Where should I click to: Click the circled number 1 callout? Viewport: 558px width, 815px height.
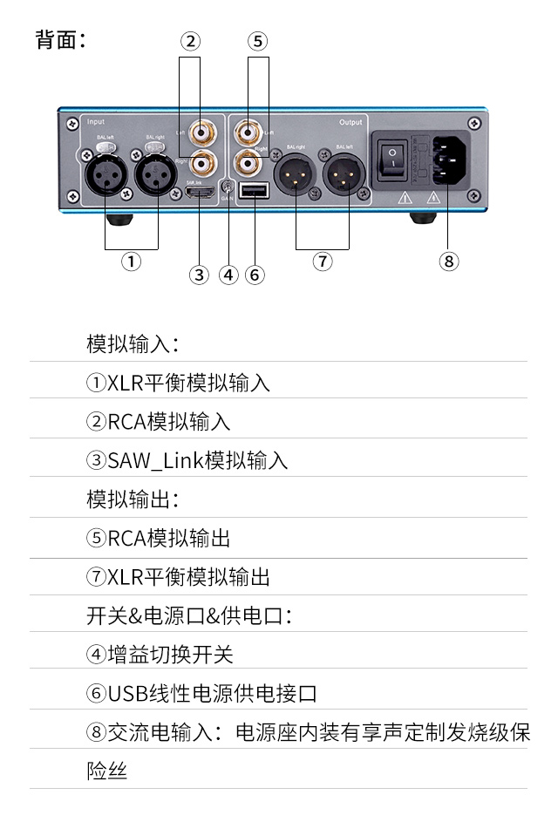(131, 261)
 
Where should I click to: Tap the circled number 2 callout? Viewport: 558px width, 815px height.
(191, 40)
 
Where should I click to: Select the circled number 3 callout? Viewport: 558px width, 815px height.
(199, 275)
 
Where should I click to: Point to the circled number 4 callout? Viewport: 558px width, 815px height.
(228, 275)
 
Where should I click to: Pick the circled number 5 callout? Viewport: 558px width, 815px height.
(257, 40)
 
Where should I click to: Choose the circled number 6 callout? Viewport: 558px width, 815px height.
(255, 275)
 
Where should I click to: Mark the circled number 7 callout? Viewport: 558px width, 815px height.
(323, 261)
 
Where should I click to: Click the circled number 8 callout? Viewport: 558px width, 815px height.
(448, 261)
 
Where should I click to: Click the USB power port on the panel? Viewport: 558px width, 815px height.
(254, 191)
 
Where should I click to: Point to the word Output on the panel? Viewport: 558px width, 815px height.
(350, 123)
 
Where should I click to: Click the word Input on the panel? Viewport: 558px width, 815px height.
(96, 123)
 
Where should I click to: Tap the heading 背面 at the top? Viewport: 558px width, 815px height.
(60, 40)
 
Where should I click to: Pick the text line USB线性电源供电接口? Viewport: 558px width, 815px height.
(201, 694)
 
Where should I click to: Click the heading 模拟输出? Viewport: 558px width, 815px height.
(132, 499)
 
